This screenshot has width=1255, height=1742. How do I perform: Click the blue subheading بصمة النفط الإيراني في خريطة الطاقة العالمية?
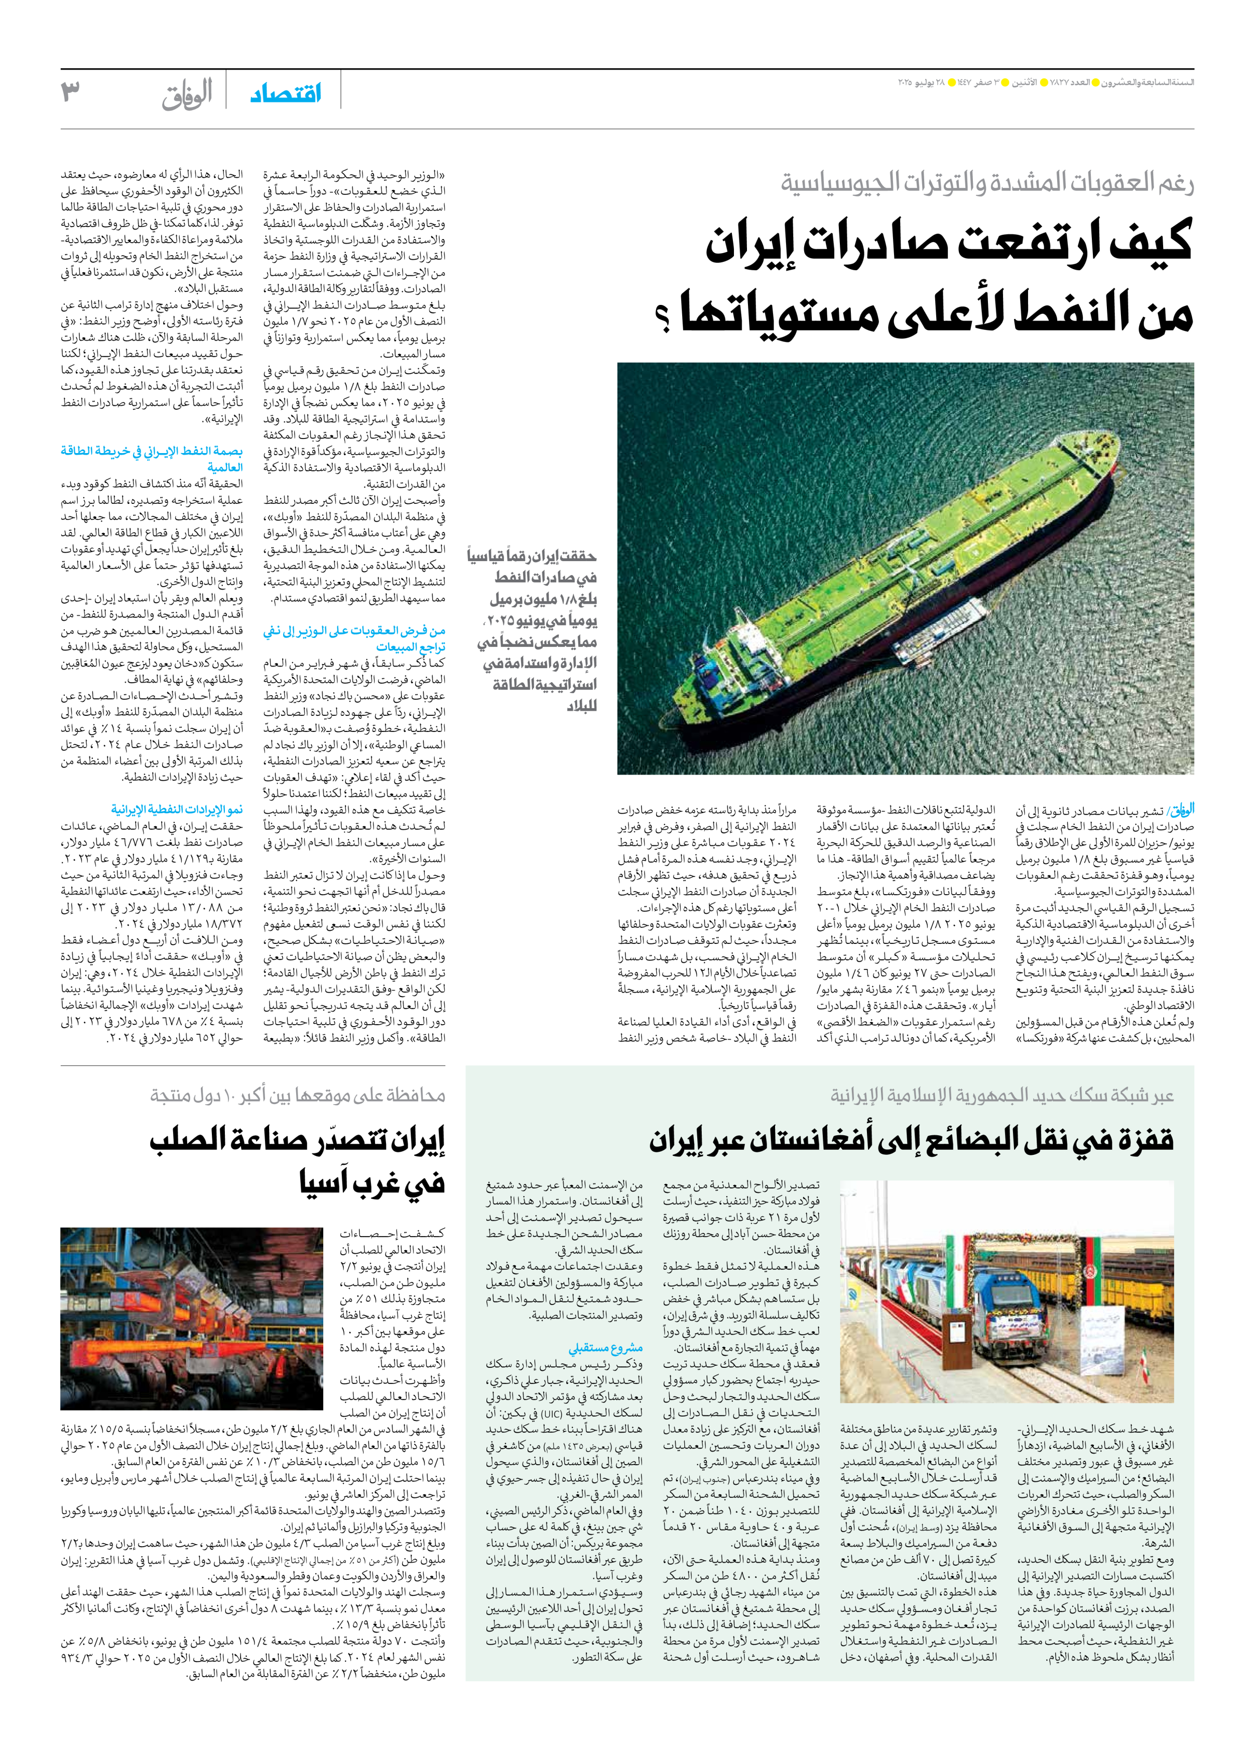[152, 459]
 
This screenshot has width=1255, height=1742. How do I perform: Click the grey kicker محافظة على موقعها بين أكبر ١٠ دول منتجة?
[298, 1095]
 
